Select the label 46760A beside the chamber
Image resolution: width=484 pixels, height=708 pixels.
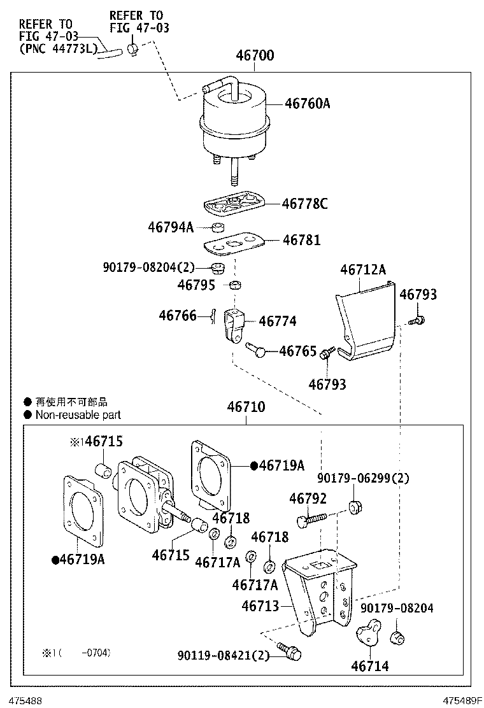(x=307, y=103)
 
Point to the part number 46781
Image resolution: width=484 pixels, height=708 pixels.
(x=301, y=240)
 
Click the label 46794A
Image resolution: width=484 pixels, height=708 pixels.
(x=171, y=227)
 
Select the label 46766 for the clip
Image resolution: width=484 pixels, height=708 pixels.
(x=178, y=315)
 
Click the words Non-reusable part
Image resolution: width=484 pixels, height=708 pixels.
(x=78, y=415)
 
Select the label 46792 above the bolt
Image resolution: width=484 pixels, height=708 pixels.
(x=308, y=499)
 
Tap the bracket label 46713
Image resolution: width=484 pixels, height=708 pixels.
(x=260, y=605)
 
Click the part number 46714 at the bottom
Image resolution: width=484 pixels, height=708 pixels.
(x=369, y=667)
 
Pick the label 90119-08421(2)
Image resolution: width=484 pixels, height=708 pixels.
(x=224, y=655)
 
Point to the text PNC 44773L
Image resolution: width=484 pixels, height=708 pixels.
(x=59, y=47)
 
